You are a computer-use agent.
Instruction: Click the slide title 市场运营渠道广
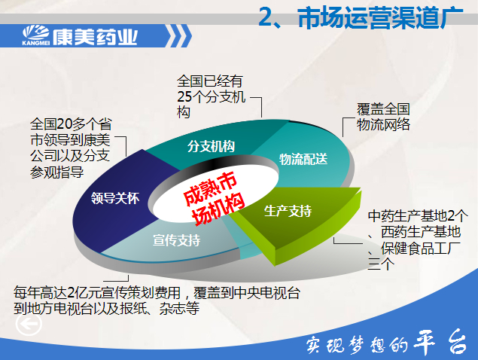[380, 18]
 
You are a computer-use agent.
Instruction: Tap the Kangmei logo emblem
[36, 34]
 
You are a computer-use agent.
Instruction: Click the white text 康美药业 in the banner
[95, 37]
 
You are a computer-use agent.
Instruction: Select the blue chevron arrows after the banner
[178, 36]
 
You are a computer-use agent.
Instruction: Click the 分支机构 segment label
[211, 146]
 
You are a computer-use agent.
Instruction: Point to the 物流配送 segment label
[303, 159]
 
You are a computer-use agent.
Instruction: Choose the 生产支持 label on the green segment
[288, 211]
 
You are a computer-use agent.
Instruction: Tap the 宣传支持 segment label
[177, 240]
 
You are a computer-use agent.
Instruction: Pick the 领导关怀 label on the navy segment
[115, 198]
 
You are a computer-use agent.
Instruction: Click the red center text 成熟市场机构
[214, 198]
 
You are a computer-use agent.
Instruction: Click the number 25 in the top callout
[184, 97]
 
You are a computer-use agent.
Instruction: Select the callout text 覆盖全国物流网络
[383, 117]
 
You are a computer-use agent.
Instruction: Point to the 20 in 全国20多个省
[64, 124]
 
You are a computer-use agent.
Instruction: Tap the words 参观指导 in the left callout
[56, 172]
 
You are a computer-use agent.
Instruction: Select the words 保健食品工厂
[421, 249]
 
